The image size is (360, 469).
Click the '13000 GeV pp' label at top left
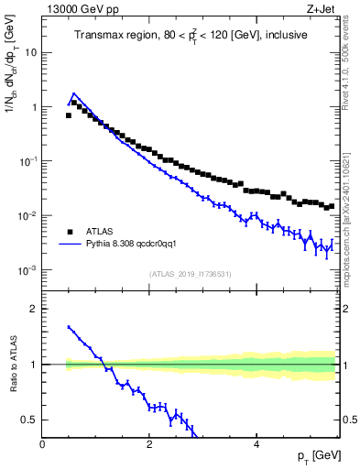click(x=82, y=10)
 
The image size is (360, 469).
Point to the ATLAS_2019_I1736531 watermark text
click(x=191, y=274)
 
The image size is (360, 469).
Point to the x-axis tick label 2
click(x=149, y=444)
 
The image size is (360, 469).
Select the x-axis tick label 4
click(x=256, y=444)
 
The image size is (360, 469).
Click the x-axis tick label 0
click(x=42, y=444)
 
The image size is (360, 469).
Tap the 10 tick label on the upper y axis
click(x=30, y=52)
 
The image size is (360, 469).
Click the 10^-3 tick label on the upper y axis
click(x=28, y=271)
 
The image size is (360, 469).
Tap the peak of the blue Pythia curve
click(x=74, y=93)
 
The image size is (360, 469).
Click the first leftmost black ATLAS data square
click(x=69, y=115)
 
